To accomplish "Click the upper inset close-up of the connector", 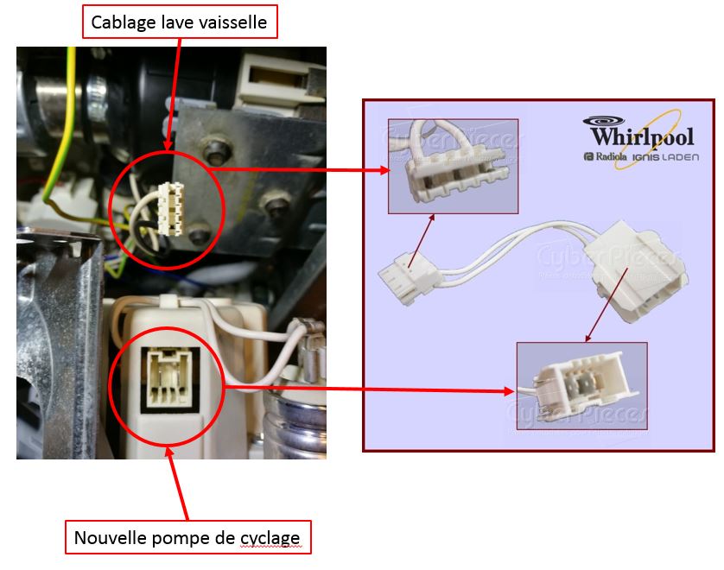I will point(453,166).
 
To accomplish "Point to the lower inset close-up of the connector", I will point(581,385).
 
